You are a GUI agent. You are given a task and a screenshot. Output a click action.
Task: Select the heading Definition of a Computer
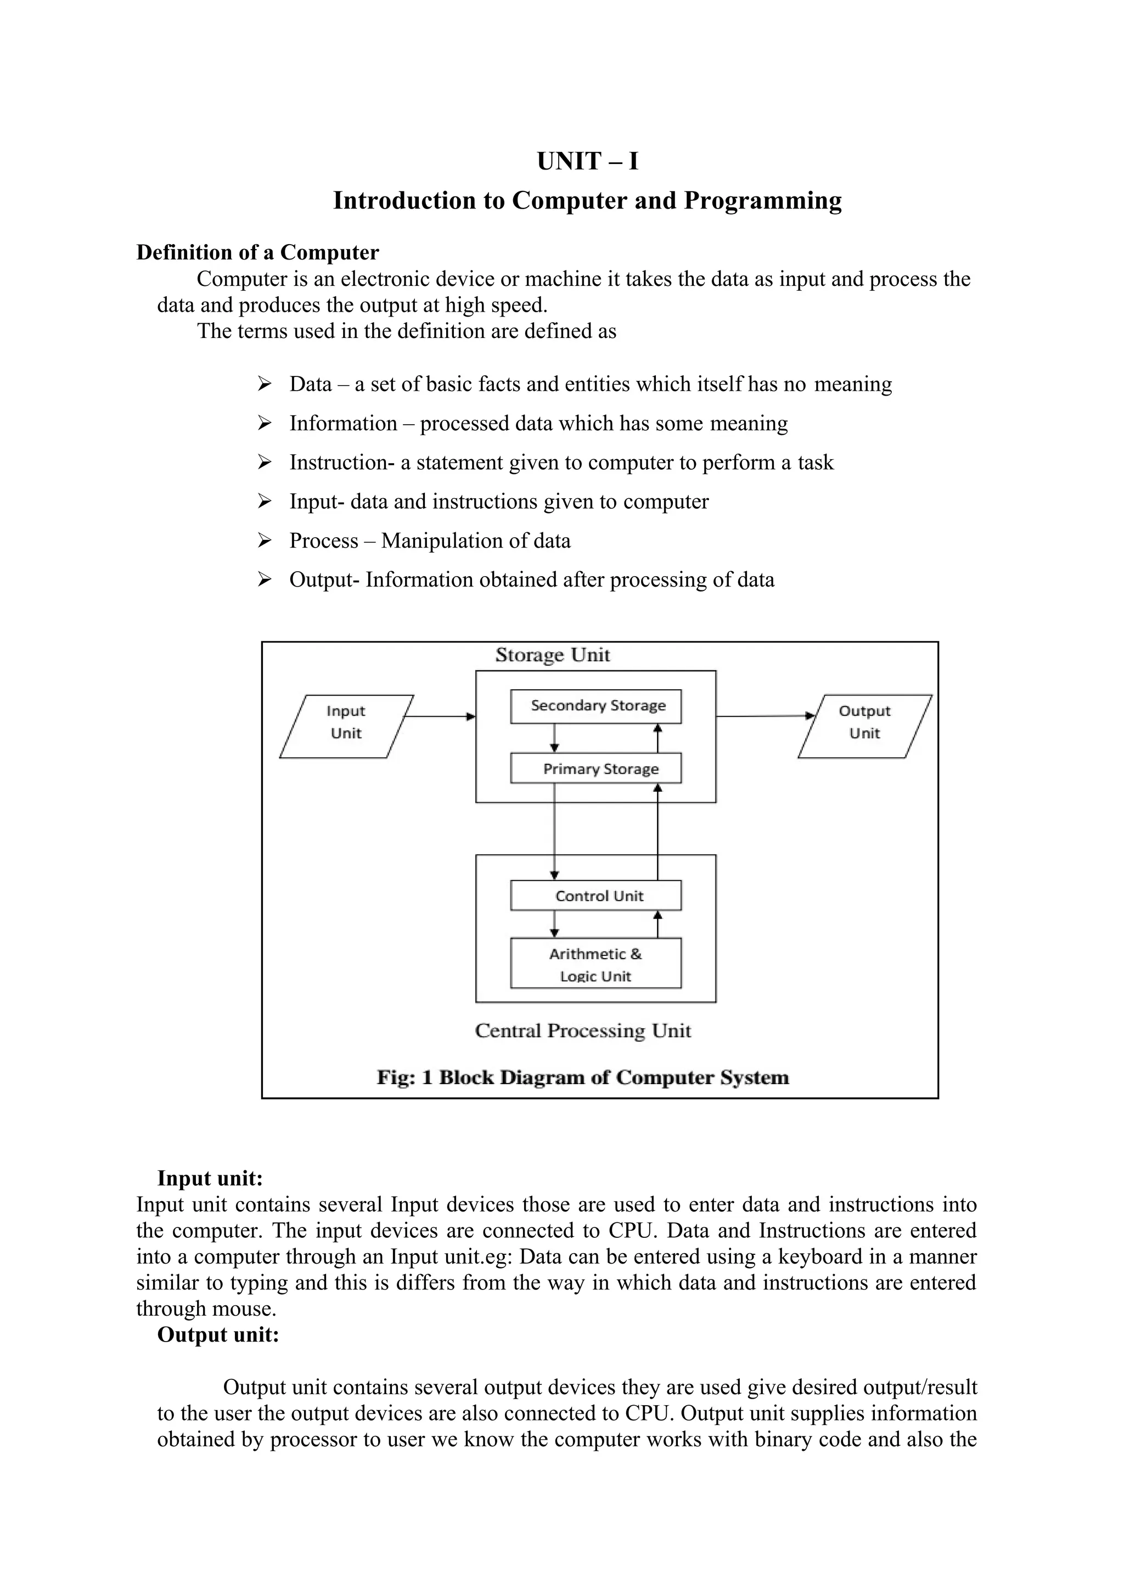(x=257, y=252)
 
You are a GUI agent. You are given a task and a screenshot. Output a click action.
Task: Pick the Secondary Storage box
(x=596, y=706)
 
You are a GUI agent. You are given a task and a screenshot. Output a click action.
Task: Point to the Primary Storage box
(x=596, y=768)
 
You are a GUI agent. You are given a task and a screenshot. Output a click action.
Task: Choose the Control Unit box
(x=596, y=895)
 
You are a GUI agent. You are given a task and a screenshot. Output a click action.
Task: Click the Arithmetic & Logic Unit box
(x=596, y=963)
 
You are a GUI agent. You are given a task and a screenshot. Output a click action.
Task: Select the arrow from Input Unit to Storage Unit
(x=439, y=716)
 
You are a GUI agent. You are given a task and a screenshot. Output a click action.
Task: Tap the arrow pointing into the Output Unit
(x=765, y=715)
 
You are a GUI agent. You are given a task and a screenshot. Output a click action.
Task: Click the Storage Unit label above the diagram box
(x=552, y=655)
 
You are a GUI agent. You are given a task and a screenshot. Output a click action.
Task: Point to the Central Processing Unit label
(x=583, y=1031)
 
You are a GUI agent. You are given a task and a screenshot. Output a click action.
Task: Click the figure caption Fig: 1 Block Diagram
(x=583, y=1078)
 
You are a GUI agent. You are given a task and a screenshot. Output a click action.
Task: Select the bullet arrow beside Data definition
(x=265, y=384)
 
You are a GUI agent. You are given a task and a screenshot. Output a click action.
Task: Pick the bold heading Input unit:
(x=210, y=1178)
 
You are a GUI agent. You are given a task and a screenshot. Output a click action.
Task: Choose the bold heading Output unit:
(x=218, y=1334)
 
